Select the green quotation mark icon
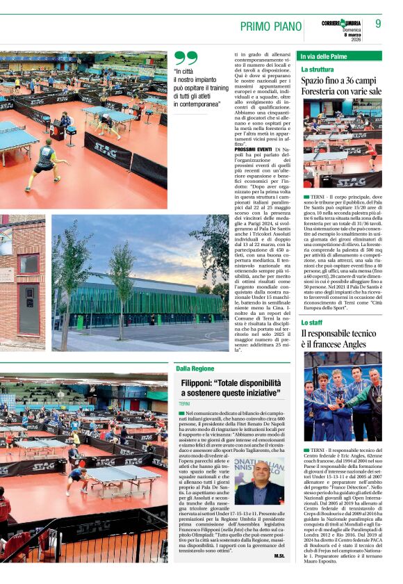click(186, 58)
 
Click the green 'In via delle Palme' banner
click(340, 56)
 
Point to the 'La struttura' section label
click(318, 70)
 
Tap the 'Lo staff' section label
click(311, 323)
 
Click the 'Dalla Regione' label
click(195, 368)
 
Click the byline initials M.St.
click(279, 555)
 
